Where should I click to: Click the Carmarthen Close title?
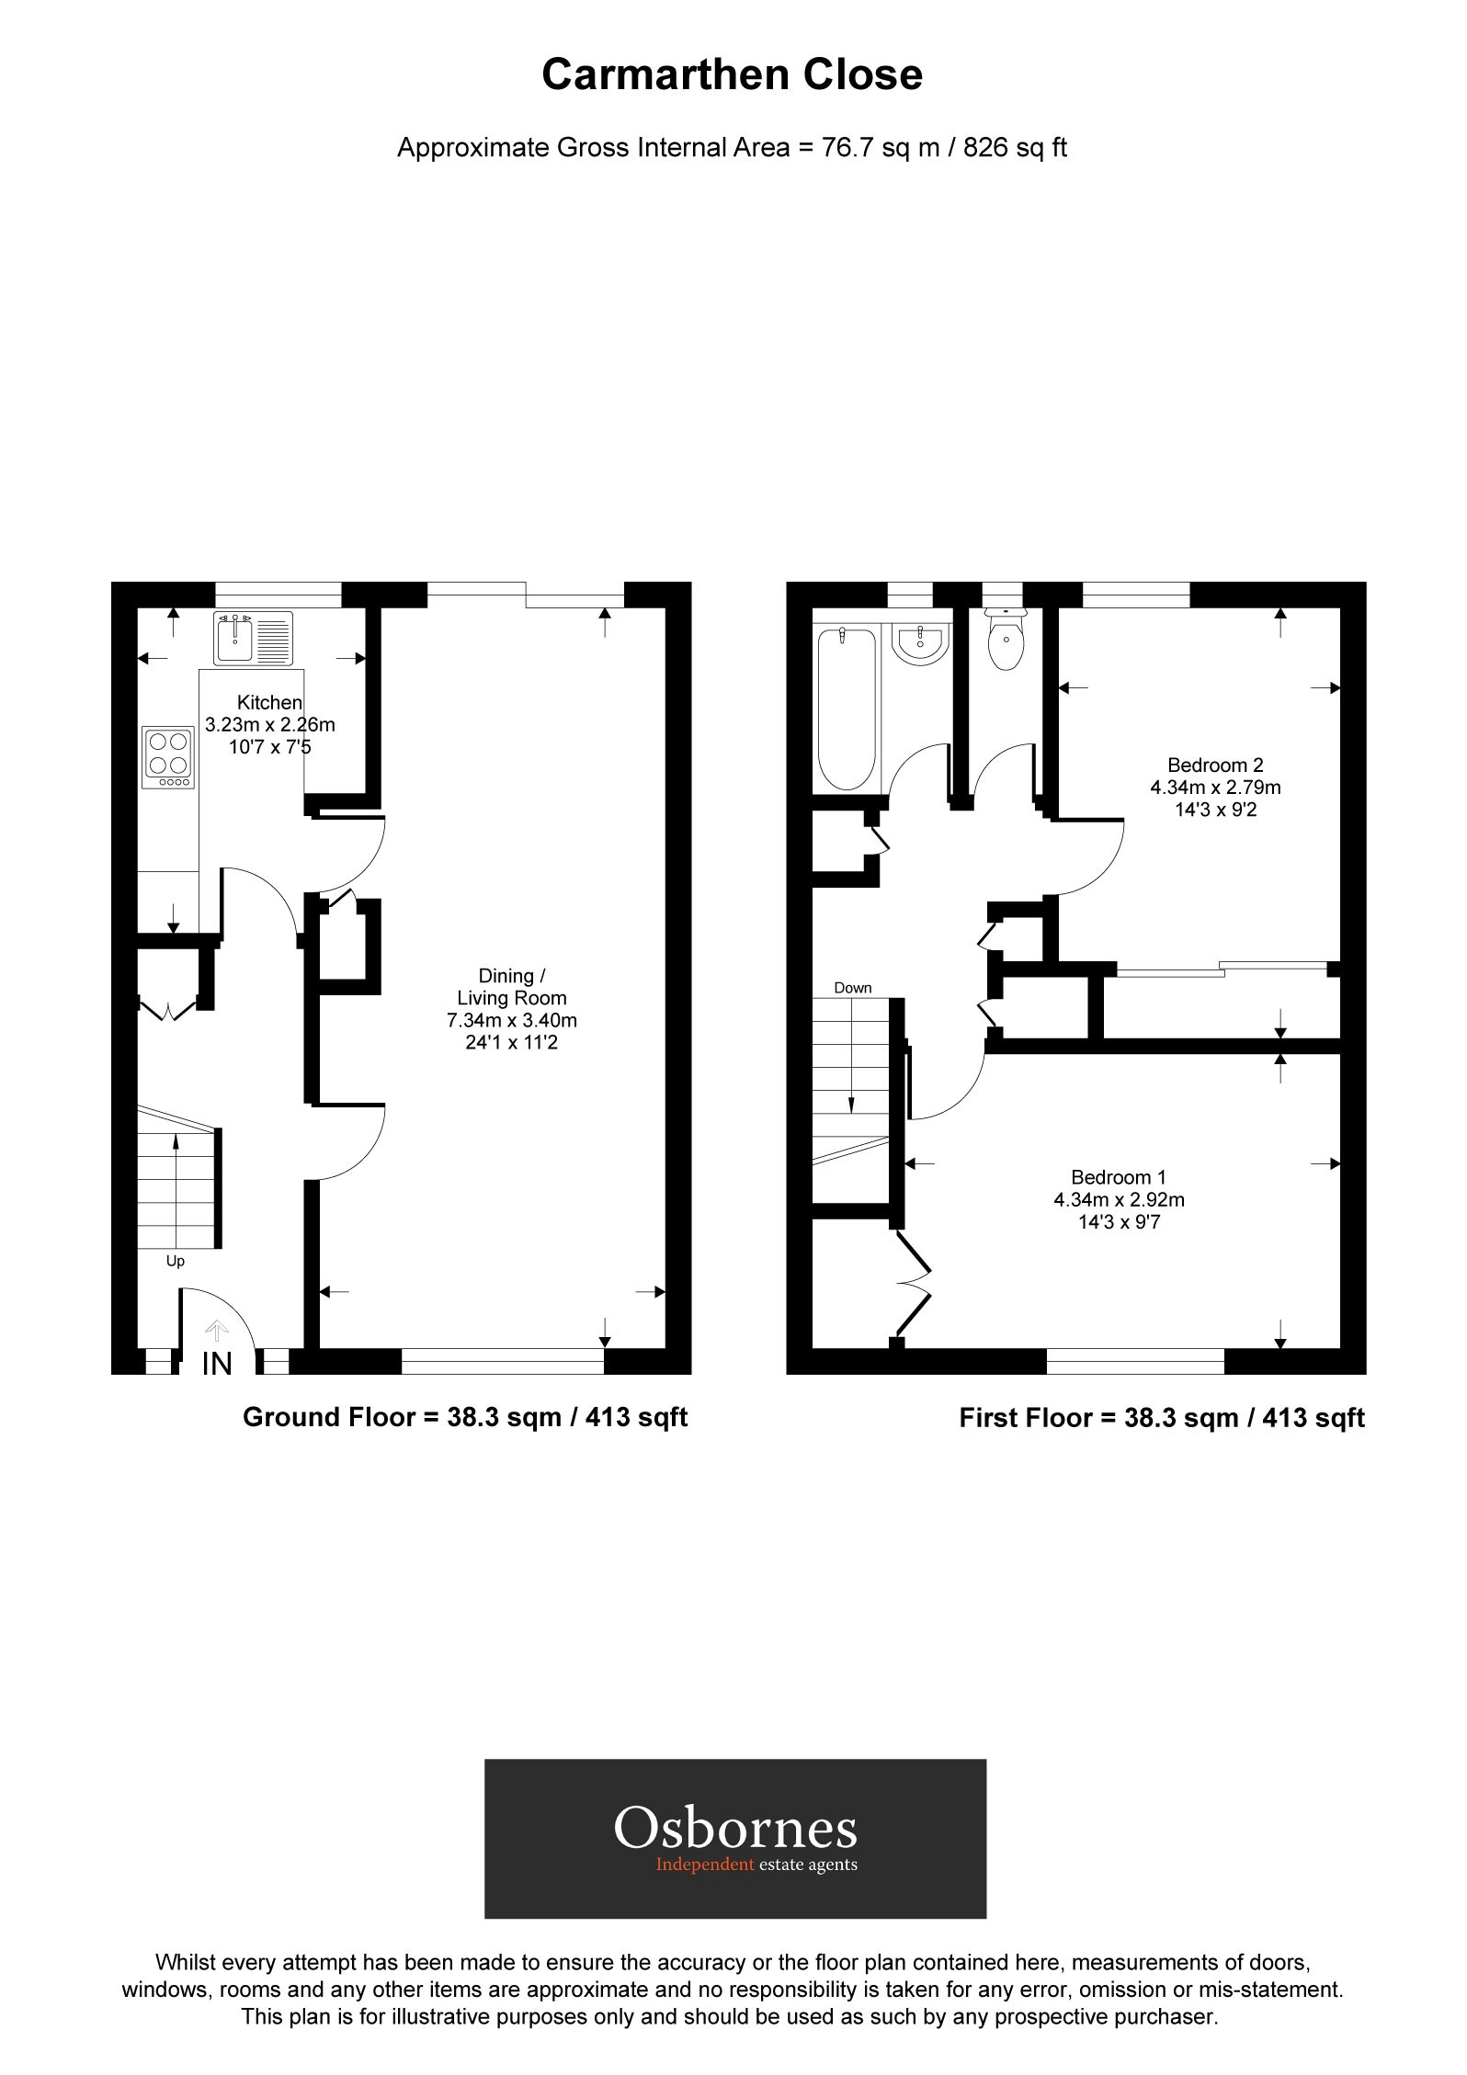pyautogui.click(x=732, y=75)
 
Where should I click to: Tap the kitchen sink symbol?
pyautogui.click(x=253, y=638)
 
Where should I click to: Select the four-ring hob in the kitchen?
pyautogui.click(x=168, y=756)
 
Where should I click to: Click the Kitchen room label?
pyautogui.click(x=269, y=702)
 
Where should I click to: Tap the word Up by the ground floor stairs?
pyautogui.click(x=176, y=1261)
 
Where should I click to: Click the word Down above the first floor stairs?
pyautogui.click(x=852, y=988)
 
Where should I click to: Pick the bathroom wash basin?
pyautogui.click(x=920, y=641)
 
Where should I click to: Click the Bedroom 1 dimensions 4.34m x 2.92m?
pyautogui.click(x=1119, y=1199)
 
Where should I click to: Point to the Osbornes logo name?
pyautogui.click(x=734, y=1827)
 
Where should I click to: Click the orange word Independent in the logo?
pyautogui.click(x=704, y=1864)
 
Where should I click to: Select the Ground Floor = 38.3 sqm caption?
pyautogui.click(x=465, y=1416)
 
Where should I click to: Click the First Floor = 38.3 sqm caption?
pyautogui.click(x=1162, y=1417)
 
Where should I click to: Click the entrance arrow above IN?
pyautogui.click(x=217, y=1330)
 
